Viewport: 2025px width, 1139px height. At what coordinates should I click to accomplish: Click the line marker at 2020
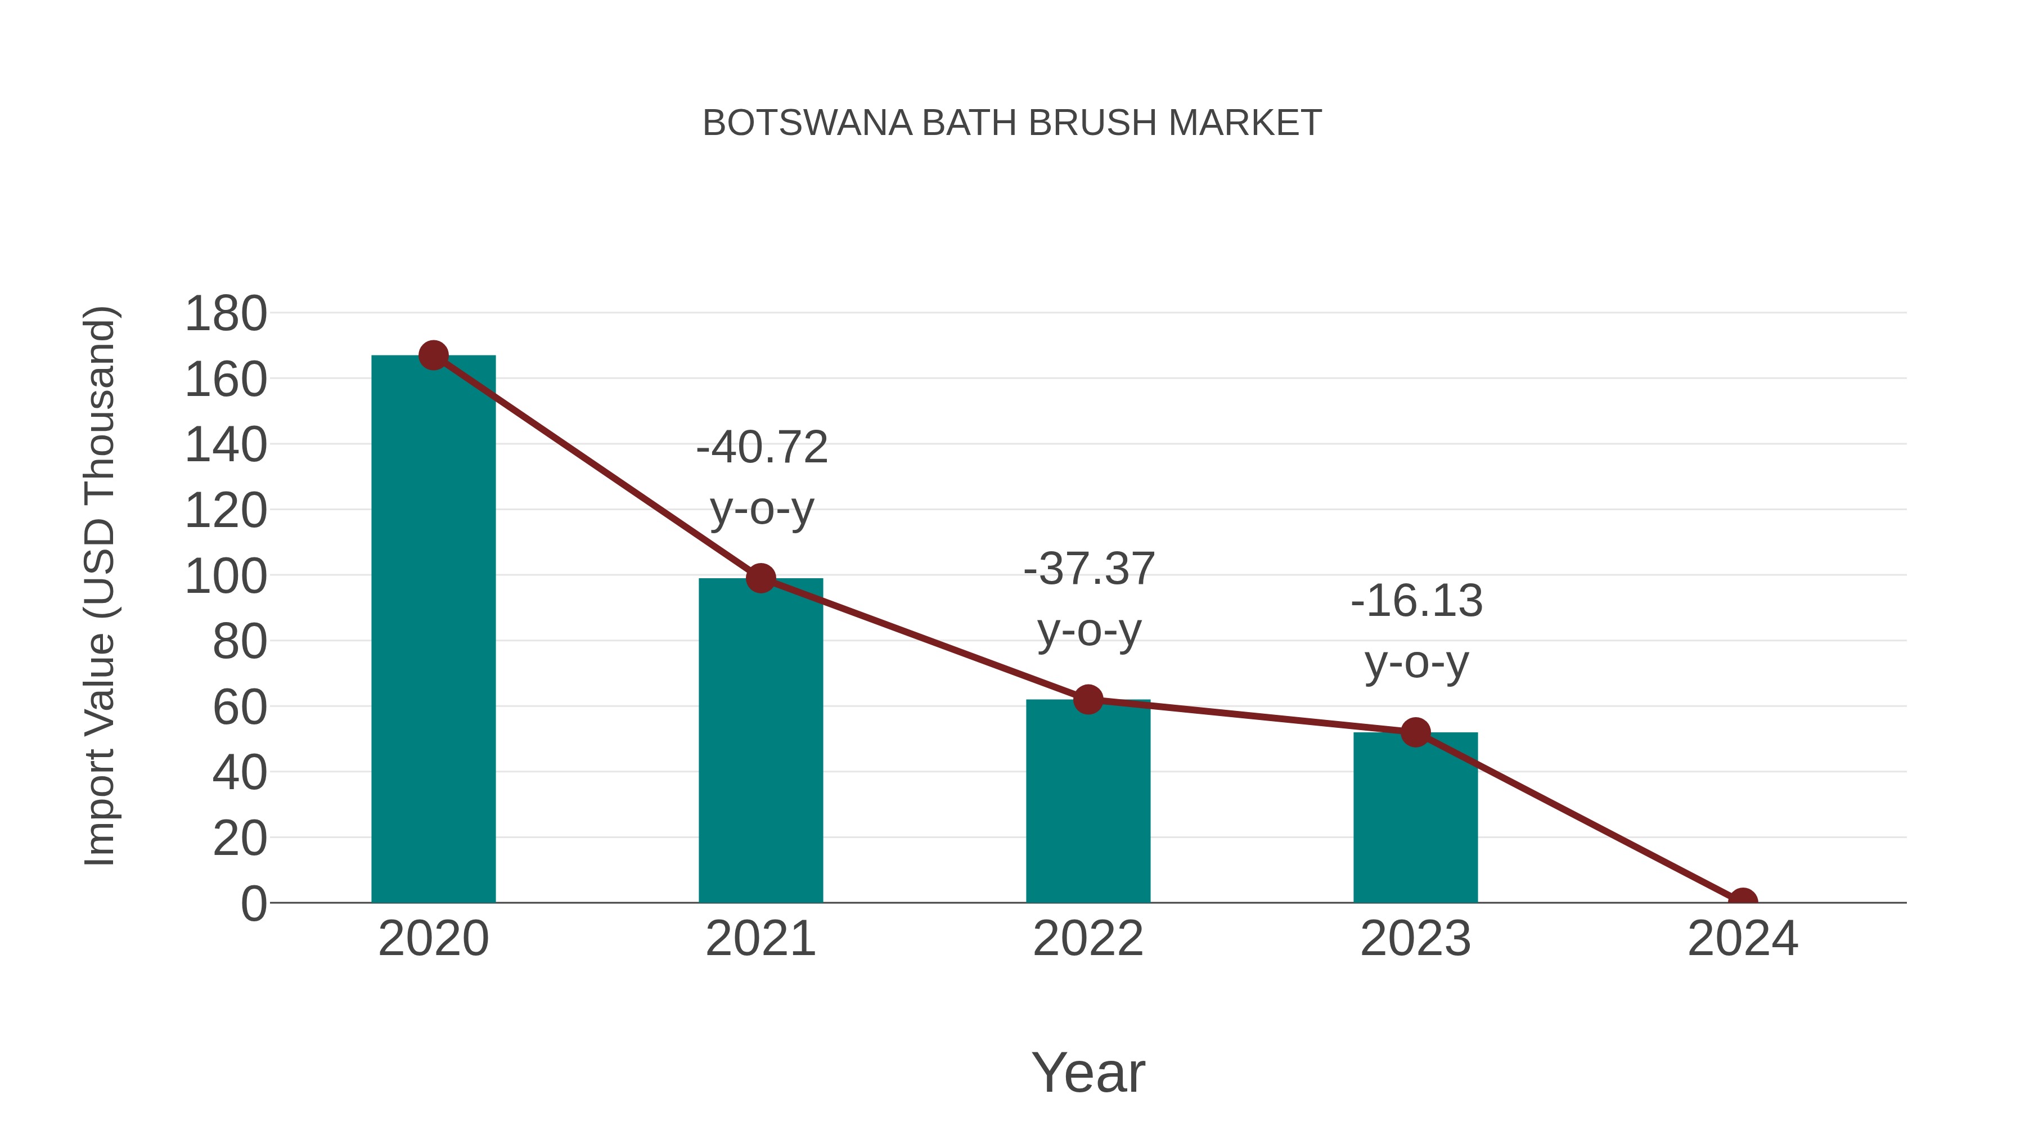point(433,355)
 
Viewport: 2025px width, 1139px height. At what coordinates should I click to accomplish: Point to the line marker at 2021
point(760,578)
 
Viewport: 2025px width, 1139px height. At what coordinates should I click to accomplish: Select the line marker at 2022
point(1087,699)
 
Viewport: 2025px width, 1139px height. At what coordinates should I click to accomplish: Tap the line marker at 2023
point(1415,732)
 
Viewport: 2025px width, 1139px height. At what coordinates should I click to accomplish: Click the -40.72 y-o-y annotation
point(762,478)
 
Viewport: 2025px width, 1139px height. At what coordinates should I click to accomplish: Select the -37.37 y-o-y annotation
point(1089,599)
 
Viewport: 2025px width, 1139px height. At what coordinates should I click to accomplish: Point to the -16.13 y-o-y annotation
point(1416,632)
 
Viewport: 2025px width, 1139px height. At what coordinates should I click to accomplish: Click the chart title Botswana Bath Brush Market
point(1012,123)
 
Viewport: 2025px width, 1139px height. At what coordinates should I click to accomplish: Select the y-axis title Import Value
point(101,586)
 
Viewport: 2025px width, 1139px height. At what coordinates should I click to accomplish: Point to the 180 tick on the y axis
point(226,314)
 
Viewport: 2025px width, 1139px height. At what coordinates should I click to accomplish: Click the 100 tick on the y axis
point(226,576)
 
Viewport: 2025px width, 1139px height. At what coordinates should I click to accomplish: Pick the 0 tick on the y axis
point(253,903)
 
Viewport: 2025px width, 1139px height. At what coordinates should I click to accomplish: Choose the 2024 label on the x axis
point(1742,939)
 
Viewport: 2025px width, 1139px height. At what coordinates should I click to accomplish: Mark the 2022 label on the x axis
point(1087,939)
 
